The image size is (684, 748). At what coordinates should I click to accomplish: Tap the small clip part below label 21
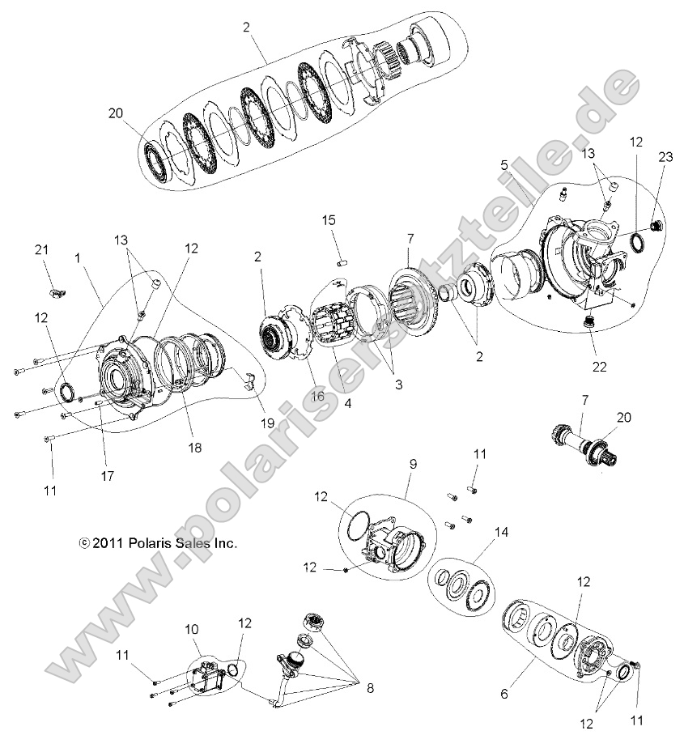53,283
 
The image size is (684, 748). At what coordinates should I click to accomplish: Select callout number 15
329,220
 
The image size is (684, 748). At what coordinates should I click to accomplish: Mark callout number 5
504,164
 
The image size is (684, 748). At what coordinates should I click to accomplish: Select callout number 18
195,447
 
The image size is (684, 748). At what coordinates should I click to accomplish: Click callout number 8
369,689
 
